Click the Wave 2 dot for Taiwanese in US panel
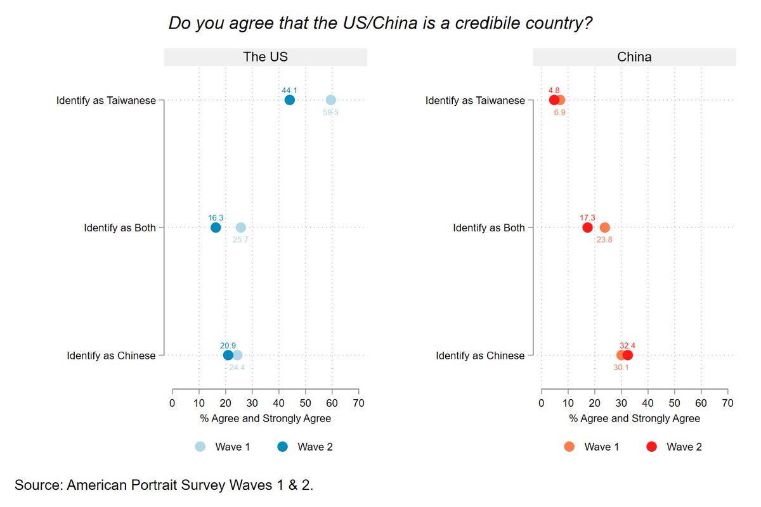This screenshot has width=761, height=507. pyautogui.click(x=290, y=100)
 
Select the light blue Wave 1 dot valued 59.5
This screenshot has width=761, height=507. pyautogui.click(x=330, y=100)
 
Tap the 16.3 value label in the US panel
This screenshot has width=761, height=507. pyautogui.click(x=216, y=217)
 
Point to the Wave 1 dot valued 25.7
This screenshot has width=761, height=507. pyautogui.click(x=240, y=228)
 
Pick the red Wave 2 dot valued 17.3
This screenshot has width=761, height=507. pyautogui.click(x=587, y=228)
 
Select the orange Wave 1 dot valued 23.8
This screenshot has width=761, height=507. pyautogui.click(x=604, y=228)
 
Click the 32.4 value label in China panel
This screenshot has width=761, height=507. pyautogui.click(x=628, y=345)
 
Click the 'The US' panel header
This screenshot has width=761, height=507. pyautogui.click(x=265, y=57)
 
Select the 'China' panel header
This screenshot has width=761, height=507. pyautogui.click(x=634, y=57)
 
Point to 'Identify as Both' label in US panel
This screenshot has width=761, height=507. pyautogui.click(x=120, y=228)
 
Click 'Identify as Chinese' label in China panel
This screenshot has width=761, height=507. pyautogui.click(x=480, y=356)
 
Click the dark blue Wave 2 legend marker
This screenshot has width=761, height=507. pyautogui.click(x=282, y=447)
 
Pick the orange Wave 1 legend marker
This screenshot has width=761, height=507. pyautogui.click(x=569, y=447)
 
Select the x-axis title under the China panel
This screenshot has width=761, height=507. pyautogui.click(x=634, y=418)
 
